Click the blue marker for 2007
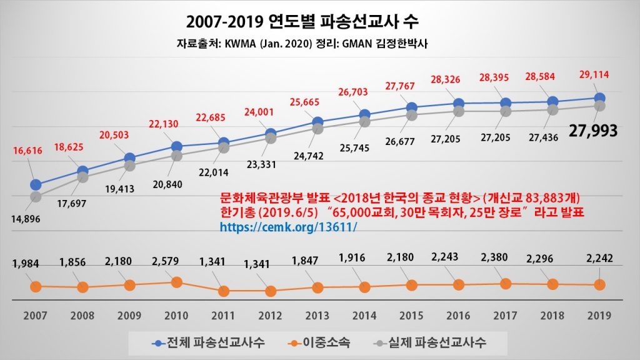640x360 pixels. click(x=36, y=184)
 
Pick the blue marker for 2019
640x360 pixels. click(x=599, y=98)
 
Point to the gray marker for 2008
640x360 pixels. click(x=82, y=177)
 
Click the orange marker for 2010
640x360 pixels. click(x=176, y=282)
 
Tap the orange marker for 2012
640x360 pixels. click(x=271, y=291)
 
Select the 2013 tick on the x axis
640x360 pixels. click(x=316, y=316)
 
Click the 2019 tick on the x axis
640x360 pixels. click(x=599, y=316)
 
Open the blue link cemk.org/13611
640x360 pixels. click(x=288, y=226)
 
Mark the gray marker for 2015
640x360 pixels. click(x=411, y=115)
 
